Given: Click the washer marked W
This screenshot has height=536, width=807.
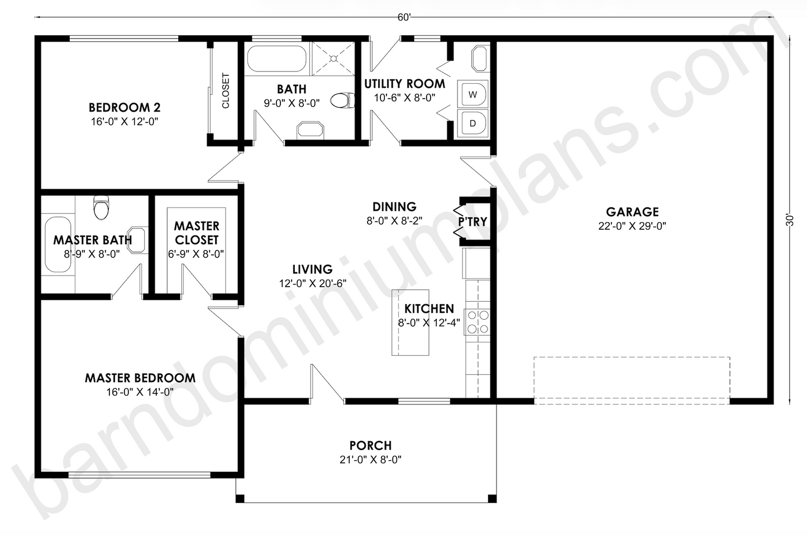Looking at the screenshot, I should pos(472,94).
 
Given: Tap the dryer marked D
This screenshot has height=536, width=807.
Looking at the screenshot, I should pos(472,123).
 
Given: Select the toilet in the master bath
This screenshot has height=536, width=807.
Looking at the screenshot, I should pos(102,207).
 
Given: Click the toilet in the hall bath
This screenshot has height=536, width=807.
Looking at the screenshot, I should pos(342,101).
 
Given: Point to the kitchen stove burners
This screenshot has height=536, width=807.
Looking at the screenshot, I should pos(478,322).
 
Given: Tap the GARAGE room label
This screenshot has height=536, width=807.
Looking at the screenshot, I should pos(632,212).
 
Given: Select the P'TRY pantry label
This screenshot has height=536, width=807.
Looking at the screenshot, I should pos(472,221).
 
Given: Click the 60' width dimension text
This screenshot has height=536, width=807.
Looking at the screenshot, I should pos(404,17).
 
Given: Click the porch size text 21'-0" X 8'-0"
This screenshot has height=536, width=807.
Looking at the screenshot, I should pos(370,460).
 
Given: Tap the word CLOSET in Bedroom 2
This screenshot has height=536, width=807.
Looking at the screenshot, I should pos(226,91).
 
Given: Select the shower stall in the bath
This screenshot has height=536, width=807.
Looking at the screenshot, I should pos(333,57).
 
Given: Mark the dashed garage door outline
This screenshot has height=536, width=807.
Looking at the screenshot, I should pos(632,380).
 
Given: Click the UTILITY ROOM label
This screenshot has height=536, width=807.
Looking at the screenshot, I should pos(404,84).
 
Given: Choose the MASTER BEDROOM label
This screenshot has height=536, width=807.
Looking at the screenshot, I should pos(140,378).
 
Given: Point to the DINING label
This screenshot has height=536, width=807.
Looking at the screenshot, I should pos(394,207).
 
